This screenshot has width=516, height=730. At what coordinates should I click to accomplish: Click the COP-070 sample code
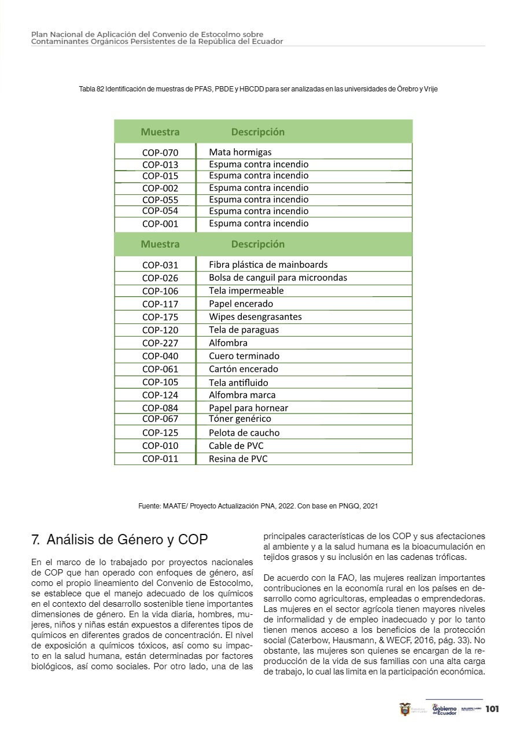point(160,153)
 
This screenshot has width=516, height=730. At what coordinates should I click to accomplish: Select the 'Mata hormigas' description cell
point(240,152)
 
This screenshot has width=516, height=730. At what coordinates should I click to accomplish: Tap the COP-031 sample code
point(160,265)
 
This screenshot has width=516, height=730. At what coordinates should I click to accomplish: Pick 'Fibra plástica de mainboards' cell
point(268,264)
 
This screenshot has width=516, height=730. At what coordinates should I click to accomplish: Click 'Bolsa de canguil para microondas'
point(278,278)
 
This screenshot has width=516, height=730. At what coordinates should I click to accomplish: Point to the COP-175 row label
point(160,317)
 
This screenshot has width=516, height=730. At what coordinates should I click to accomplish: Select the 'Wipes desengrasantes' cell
point(255,316)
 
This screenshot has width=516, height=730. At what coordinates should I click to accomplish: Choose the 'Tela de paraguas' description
point(244,330)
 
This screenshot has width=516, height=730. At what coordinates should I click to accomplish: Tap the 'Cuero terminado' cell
point(244,356)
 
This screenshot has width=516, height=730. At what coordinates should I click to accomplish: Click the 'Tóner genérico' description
point(239,418)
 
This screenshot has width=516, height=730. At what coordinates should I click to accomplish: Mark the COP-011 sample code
point(160,459)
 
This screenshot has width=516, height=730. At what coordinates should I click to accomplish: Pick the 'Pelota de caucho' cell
point(244,433)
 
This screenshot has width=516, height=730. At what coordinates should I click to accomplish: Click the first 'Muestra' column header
point(160,132)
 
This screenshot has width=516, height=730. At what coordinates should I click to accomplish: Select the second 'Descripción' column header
point(257,244)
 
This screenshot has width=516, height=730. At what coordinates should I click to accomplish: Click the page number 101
point(492,709)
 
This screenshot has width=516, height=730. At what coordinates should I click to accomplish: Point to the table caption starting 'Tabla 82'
point(258,90)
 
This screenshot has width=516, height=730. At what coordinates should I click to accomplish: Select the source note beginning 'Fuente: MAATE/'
point(258,506)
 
